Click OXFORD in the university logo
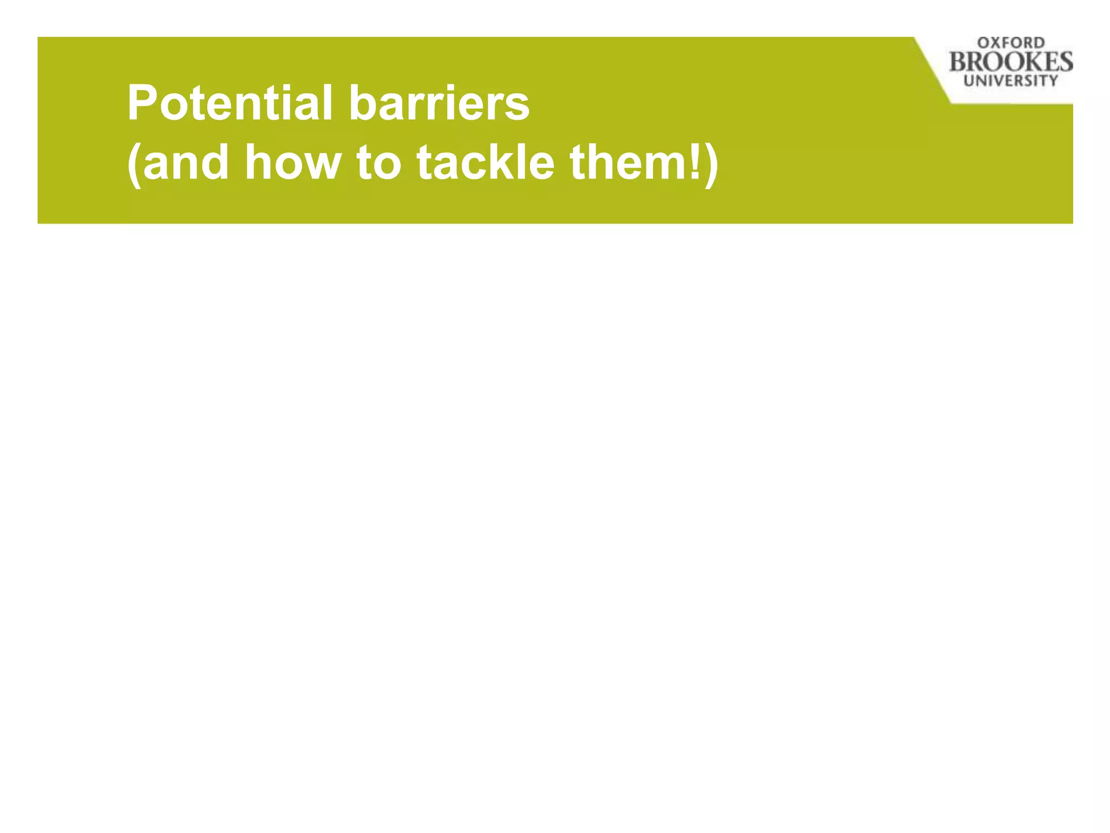click(x=1011, y=43)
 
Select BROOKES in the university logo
click(x=1011, y=62)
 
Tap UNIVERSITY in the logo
click(x=1011, y=81)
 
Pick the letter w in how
click(x=321, y=165)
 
